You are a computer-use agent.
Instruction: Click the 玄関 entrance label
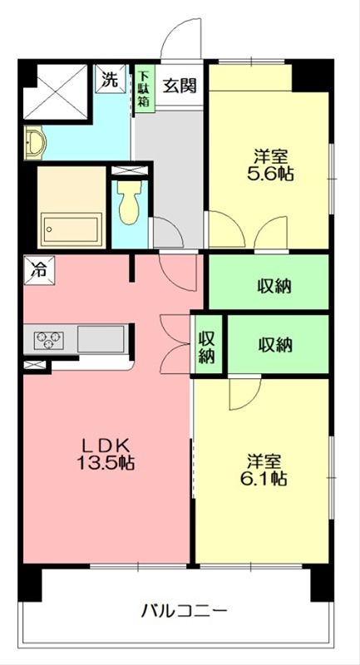click(x=180, y=86)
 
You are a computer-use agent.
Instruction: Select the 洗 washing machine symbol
click(x=111, y=78)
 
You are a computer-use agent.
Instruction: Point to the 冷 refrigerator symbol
click(x=39, y=270)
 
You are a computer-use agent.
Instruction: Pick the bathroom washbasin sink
click(x=35, y=143)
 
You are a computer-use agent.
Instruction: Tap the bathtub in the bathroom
click(x=72, y=228)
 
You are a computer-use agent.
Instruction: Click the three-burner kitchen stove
click(x=49, y=340)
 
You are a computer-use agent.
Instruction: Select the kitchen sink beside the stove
click(x=101, y=339)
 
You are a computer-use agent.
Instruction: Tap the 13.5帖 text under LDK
click(x=106, y=462)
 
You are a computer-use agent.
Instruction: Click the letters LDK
click(x=106, y=446)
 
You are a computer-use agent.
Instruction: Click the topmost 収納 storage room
click(x=269, y=282)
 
